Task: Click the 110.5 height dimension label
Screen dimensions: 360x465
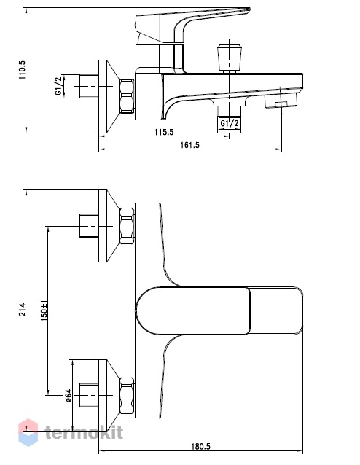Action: tap(23, 70)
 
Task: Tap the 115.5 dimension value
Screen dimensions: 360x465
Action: tap(164, 131)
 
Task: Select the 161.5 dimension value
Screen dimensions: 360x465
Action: tap(190, 145)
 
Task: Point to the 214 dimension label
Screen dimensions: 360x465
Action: tap(23, 309)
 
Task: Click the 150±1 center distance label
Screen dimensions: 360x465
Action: tap(44, 310)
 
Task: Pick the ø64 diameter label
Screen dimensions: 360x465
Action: tap(68, 395)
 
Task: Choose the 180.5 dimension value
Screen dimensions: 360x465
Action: tap(200, 446)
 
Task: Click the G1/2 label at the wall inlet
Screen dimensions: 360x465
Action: tap(58, 86)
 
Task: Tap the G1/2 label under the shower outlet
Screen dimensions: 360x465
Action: tap(230, 123)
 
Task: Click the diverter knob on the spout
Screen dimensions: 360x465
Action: tap(229, 58)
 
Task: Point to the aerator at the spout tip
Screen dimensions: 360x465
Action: tap(281, 101)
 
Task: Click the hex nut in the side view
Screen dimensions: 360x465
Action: tap(127, 96)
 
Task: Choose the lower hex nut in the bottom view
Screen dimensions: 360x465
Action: tap(127, 396)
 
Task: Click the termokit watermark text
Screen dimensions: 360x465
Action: tap(84, 432)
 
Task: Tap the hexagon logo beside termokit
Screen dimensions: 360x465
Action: tap(28, 433)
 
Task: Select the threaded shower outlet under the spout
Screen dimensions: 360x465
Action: tap(230, 112)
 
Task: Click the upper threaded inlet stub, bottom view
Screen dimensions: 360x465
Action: tap(89, 226)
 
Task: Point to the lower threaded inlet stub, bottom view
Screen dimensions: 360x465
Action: tap(89, 395)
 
